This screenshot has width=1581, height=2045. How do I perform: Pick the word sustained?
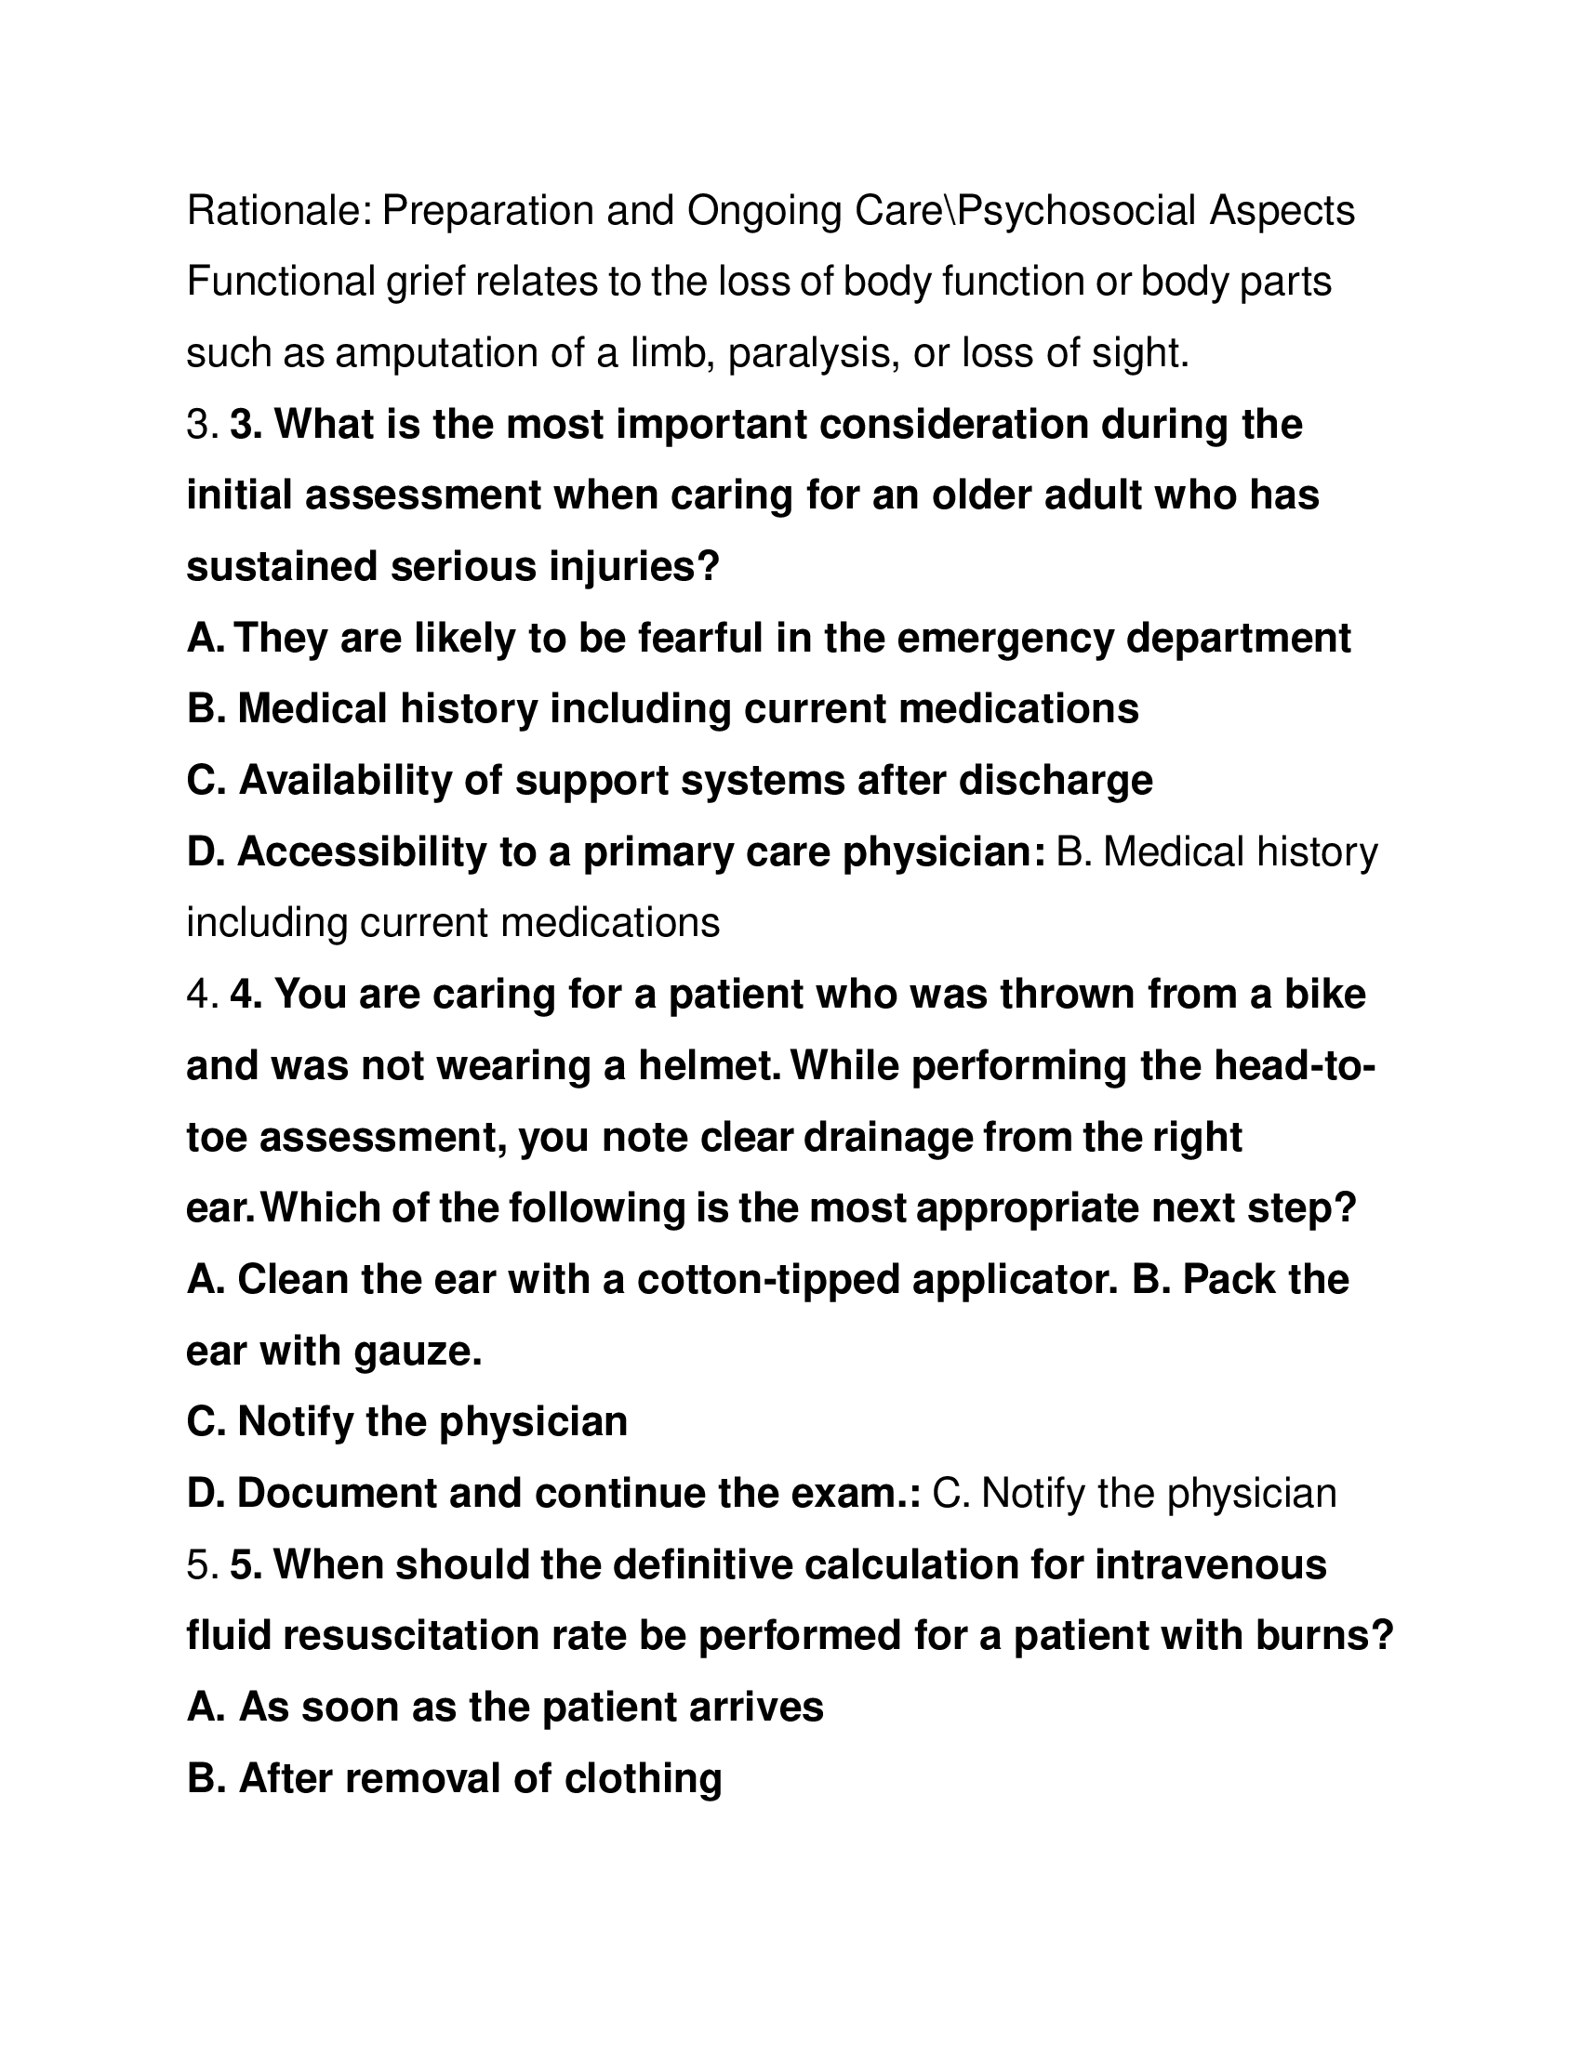(x=282, y=567)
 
